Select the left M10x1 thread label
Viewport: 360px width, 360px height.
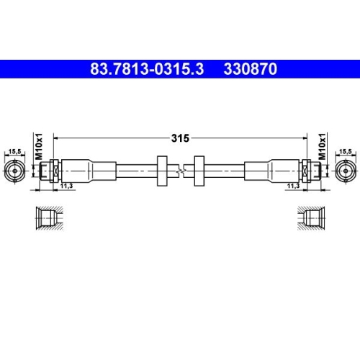40,144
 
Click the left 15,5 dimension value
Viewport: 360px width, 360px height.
14,151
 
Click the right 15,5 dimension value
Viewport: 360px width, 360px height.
346,151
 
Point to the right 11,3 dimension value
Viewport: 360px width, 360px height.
293,186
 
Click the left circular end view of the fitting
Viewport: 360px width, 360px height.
14,171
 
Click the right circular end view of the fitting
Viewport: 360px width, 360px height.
346,171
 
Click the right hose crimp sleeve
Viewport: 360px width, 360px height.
274,171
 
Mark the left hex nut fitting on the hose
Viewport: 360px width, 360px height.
48,171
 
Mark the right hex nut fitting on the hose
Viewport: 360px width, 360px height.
311,171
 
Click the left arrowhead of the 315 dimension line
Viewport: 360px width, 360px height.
57,137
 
